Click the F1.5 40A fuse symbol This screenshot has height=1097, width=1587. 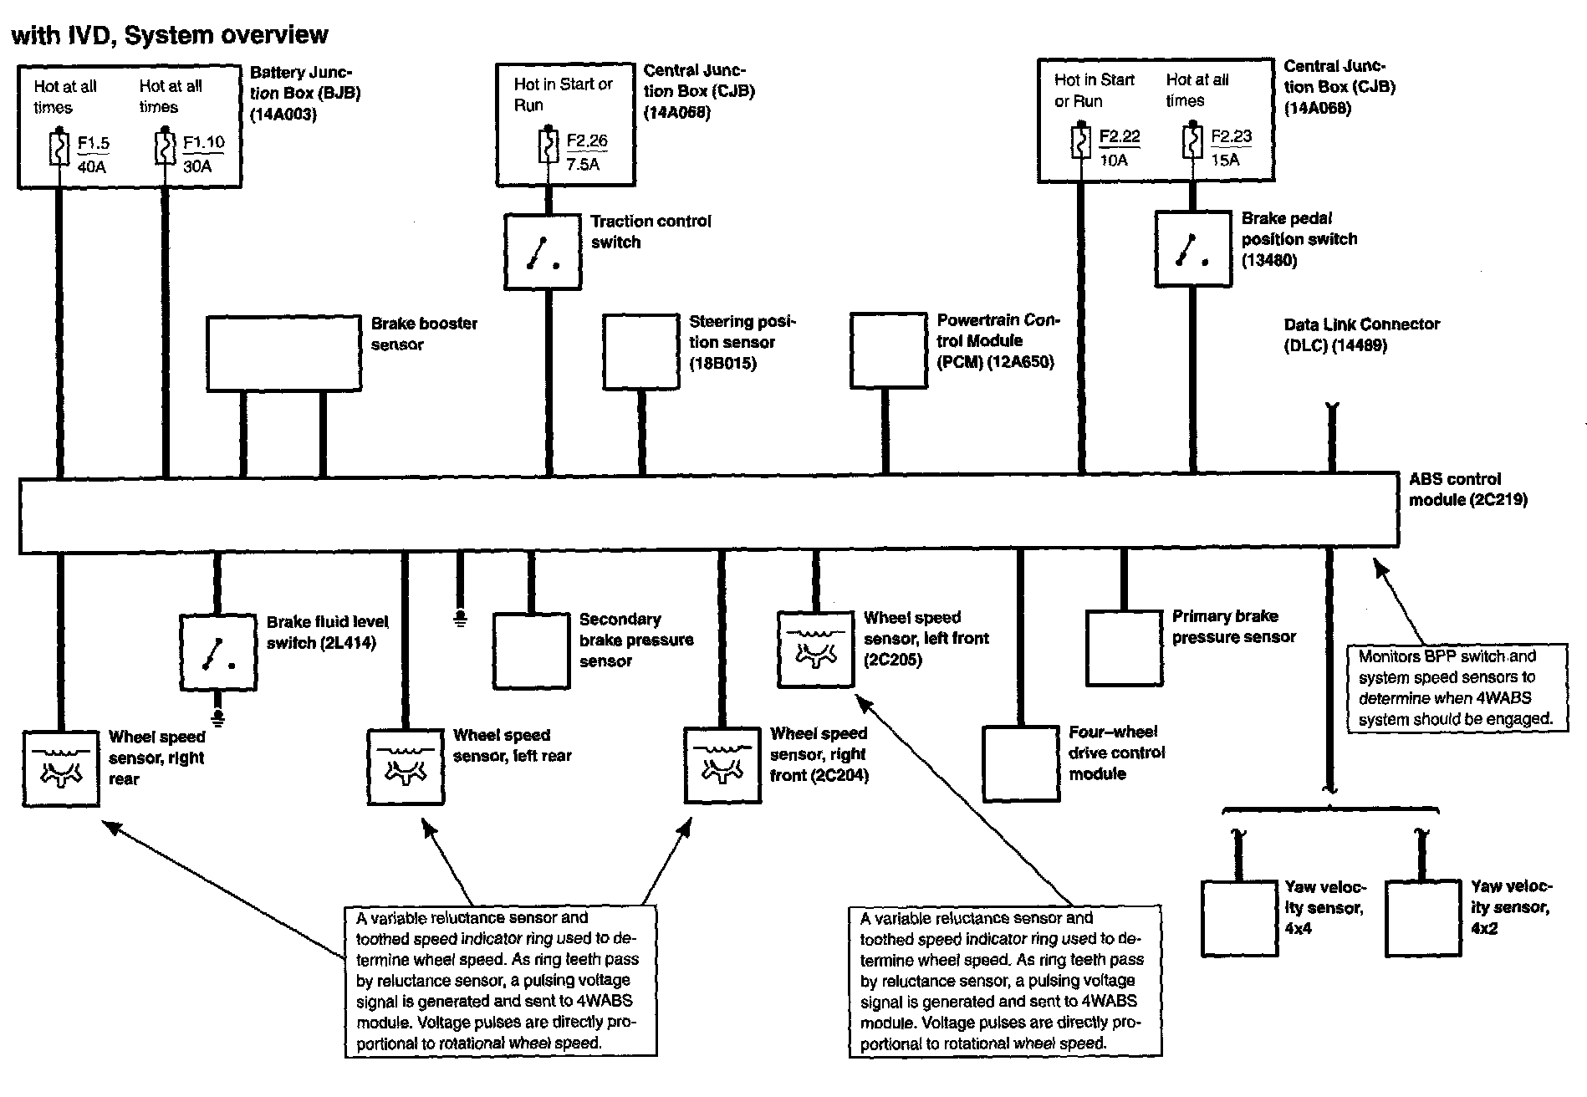(59, 149)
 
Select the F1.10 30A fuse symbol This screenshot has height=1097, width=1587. (165, 148)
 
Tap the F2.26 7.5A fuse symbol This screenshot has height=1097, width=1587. (548, 146)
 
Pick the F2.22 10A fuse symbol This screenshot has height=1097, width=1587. (1080, 142)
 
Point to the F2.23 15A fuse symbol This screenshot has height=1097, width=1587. (1192, 142)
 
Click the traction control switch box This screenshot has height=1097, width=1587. (543, 252)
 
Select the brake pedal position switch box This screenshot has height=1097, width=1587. (1192, 248)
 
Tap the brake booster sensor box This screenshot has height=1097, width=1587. (283, 353)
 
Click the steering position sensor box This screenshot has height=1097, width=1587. (640, 351)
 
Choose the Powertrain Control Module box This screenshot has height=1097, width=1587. (888, 350)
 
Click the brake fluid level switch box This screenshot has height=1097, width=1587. (218, 653)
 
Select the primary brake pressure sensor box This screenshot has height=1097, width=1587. (1124, 648)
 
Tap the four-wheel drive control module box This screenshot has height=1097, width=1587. (1020, 763)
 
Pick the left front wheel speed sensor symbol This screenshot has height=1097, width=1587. (815, 650)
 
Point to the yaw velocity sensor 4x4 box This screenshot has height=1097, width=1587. (1239, 917)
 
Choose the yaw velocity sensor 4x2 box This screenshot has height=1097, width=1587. (1423, 917)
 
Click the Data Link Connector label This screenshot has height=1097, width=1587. (1361, 334)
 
